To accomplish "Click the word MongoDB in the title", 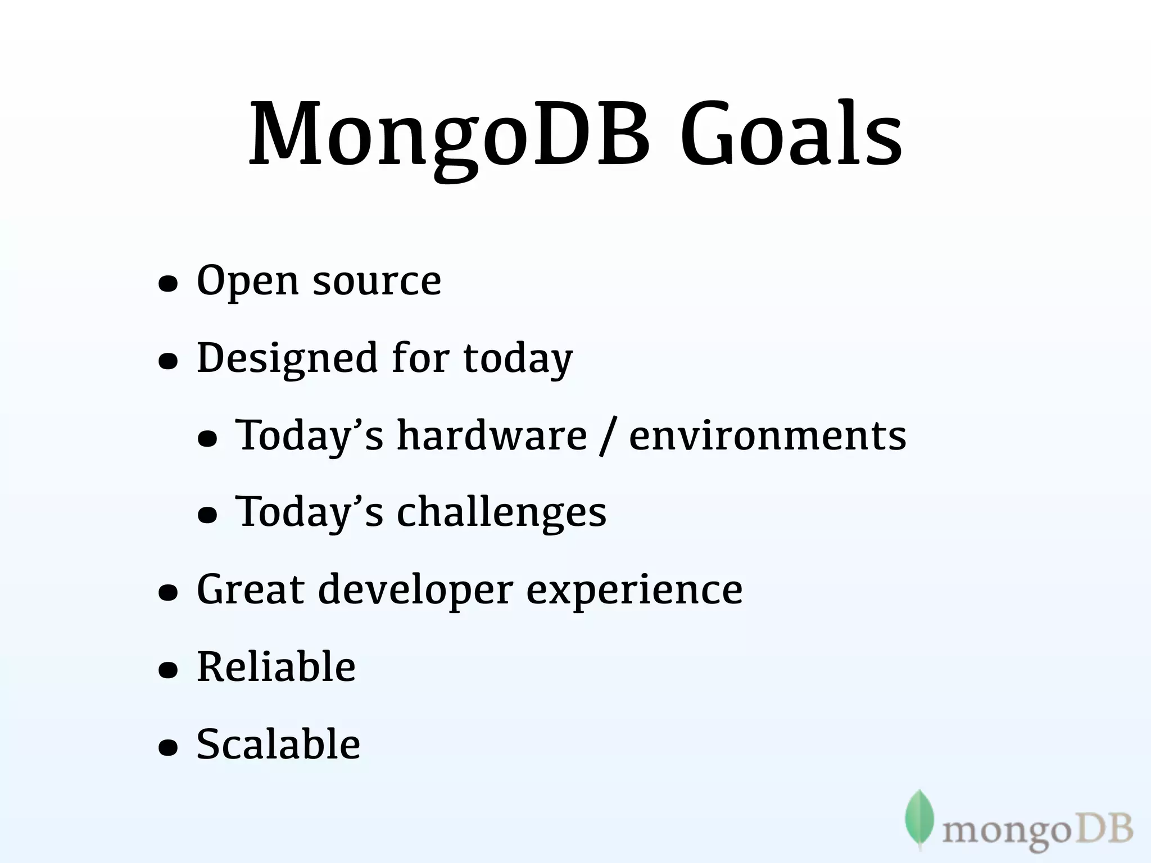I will tap(450, 135).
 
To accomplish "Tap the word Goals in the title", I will tap(791, 135).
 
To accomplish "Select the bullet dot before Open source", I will tap(168, 284).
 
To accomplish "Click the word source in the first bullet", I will tap(377, 281).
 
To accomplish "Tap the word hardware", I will tap(492, 435).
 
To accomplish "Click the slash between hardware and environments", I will tap(607, 437).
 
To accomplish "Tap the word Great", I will tap(250, 590).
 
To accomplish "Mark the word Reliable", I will tap(276, 667).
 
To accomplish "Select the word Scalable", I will tap(278, 744).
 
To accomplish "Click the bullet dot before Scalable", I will tap(168, 748).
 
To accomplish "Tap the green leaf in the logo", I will tap(919, 818).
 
